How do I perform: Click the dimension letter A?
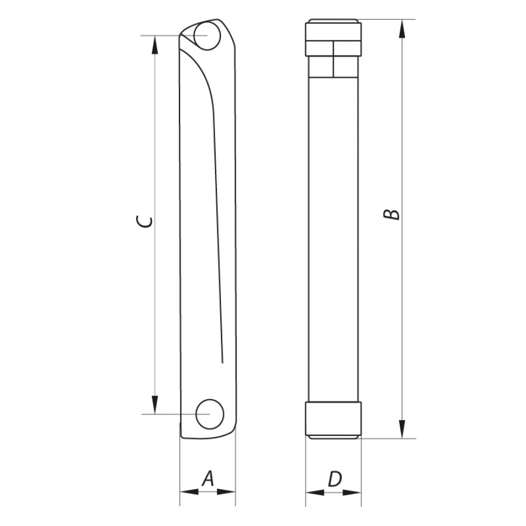click(207, 479)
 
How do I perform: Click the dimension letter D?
click(334, 479)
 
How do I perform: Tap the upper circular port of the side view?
click(207, 35)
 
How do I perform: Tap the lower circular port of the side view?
click(210, 414)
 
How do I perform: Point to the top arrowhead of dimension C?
click(155, 45)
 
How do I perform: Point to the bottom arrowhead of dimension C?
click(155, 405)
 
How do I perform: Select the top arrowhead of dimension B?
click(403, 29)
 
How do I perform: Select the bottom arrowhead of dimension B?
click(403, 429)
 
